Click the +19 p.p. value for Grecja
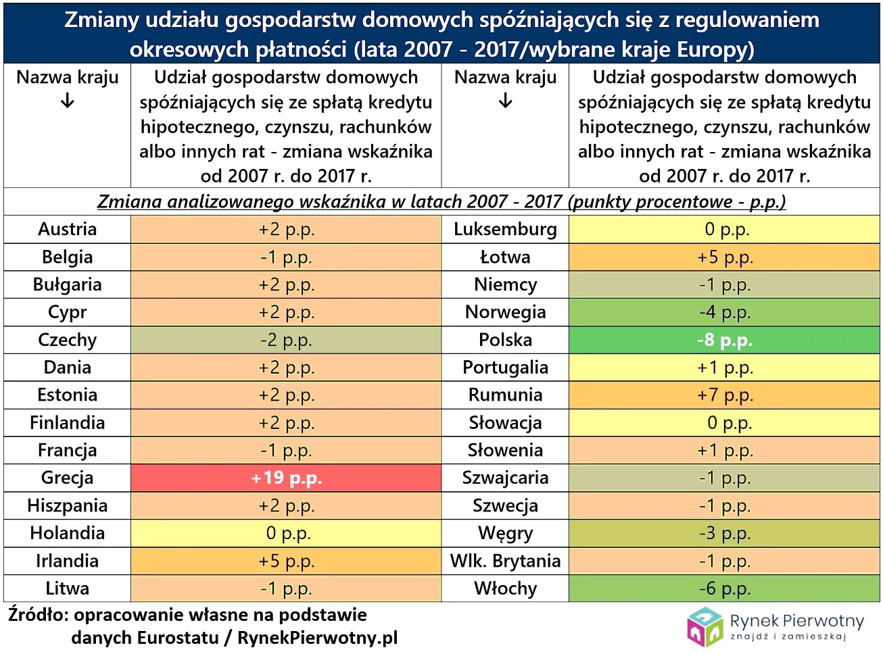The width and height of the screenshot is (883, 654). (286, 478)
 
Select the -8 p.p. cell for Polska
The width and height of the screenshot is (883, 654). (724, 340)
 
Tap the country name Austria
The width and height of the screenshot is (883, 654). (67, 229)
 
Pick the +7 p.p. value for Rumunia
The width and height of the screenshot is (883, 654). (724, 395)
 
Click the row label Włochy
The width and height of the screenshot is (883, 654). (505, 588)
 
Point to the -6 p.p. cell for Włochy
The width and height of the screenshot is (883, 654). (724, 588)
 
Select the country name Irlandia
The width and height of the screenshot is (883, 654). (67, 561)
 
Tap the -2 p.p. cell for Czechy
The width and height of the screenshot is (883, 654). (286, 340)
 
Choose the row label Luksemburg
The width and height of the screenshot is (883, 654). (505, 229)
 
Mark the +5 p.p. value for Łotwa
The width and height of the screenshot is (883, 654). (724, 257)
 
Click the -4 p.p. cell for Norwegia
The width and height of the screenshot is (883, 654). (724, 312)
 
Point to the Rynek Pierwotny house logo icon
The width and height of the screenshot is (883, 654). (705, 626)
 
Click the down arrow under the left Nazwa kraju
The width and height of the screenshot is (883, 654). (67, 102)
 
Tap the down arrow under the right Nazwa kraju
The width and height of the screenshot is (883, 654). (505, 102)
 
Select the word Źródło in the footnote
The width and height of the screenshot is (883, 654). (37, 615)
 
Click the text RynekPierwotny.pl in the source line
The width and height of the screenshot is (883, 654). (317, 638)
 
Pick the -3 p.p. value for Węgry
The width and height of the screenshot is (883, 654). (724, 533)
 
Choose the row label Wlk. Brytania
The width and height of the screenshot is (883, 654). (505, 561)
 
